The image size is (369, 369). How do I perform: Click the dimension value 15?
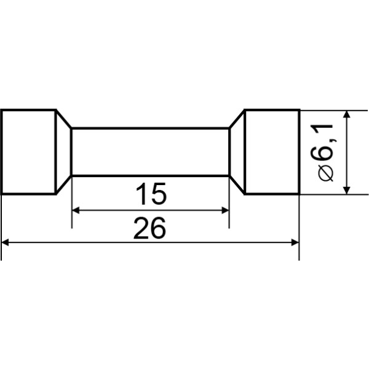point(151,194)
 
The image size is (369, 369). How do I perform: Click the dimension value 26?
point(149,228)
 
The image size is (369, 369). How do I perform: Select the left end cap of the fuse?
point(29,153)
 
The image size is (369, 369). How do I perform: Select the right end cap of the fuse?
point(272,153)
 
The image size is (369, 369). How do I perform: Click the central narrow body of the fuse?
point(151,152)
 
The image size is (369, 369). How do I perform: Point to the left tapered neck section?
point(64,153)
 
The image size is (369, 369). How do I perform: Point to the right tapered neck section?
point(237,153)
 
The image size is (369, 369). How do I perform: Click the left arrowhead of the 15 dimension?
point(75,210)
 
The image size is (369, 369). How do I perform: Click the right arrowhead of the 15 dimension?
point(226,210)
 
